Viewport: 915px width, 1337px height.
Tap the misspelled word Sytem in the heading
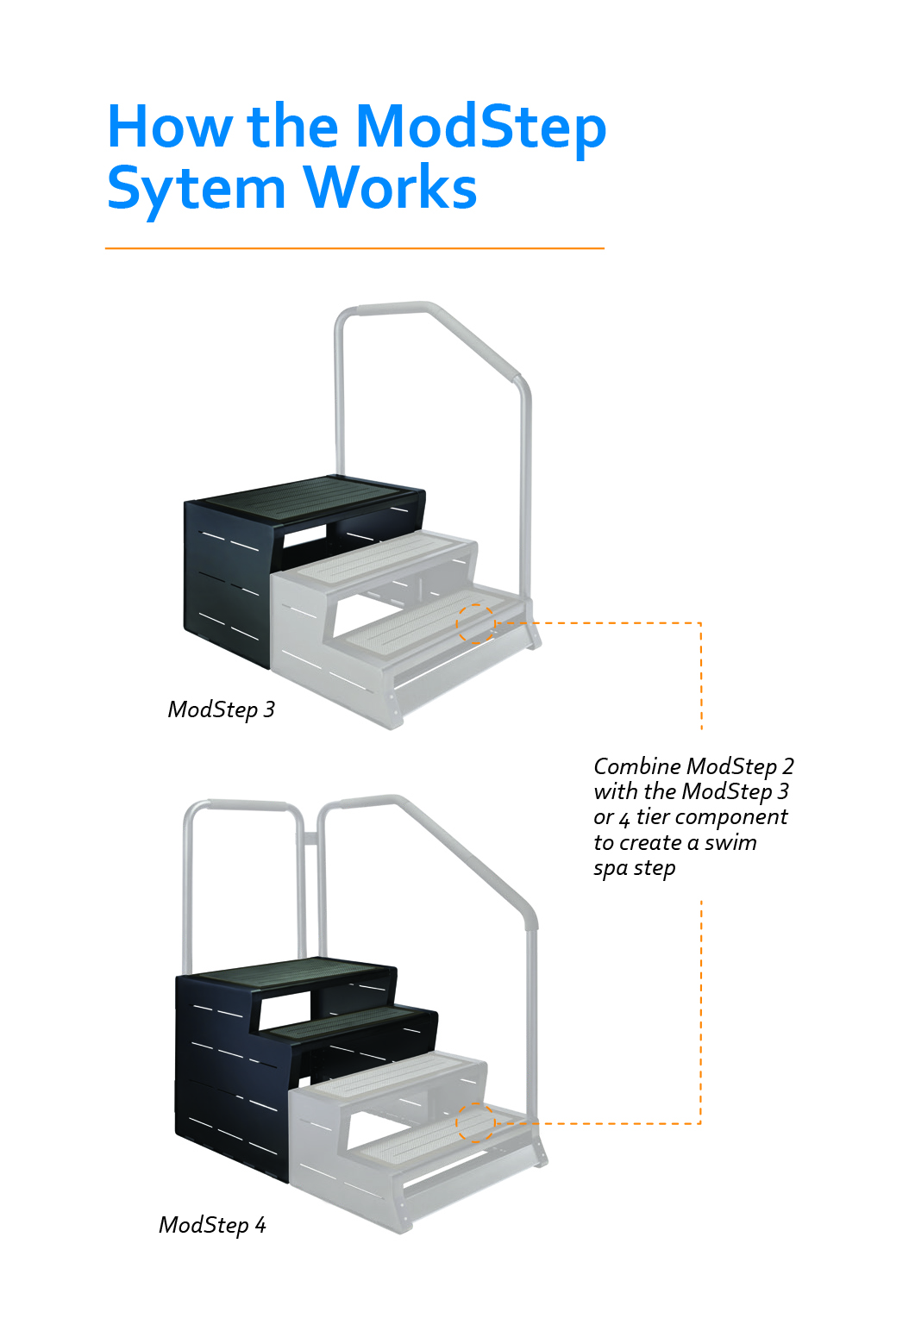pyautogui.click(x=196, y=189)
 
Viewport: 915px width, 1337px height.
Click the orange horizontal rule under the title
pyautogui.click(x=354, y=248)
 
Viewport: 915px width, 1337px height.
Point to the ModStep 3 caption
pyautogui.click(x=221, y=709)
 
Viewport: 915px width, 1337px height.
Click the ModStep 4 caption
pyautogui.click(x=212, y=1225)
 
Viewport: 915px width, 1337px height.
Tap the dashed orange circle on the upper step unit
pyautogui.click(x=475, y=623)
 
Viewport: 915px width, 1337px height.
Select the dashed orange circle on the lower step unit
pyautogui.click(x=475, y=1123)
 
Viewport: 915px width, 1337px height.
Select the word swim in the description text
pyautogui.click(x=730, y=842)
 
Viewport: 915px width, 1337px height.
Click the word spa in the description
pyautogui.click(x=611, y=868)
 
